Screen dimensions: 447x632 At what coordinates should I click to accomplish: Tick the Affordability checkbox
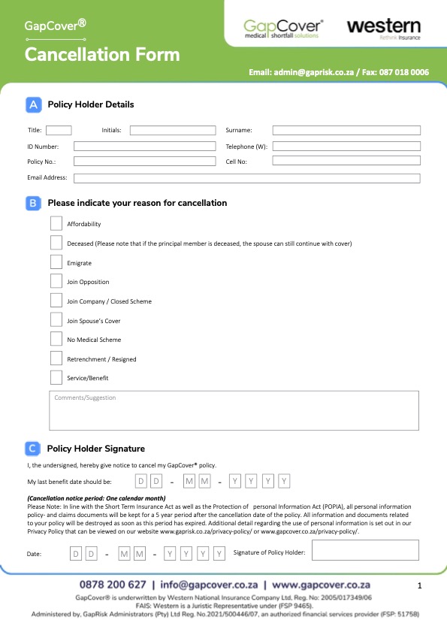tap(56, 223)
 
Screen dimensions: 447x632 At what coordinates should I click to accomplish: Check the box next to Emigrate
tap(56, 262)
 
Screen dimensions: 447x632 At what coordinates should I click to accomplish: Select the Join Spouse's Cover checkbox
tap(56, 320)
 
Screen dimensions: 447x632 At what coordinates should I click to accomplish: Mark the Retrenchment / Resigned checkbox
tap(56, 358)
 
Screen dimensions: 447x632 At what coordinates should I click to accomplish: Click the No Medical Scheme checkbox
tap(56, 340)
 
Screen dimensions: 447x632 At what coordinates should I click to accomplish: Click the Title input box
tap(59, 130)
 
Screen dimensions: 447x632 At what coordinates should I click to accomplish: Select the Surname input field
tap(346, 130)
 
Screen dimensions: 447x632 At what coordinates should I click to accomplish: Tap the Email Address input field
tap(246, 178)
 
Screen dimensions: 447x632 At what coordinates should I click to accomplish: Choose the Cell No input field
tap(346, 161)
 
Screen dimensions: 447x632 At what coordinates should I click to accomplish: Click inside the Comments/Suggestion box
tap(234, 410)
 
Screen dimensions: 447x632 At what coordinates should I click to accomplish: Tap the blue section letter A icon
tap(33, 105)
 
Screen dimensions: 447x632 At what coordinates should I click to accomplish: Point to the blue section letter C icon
tap(32, 449)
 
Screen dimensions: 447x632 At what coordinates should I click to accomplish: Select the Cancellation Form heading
tap(102, 54)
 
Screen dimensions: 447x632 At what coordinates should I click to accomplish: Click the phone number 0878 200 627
tap(113, 584)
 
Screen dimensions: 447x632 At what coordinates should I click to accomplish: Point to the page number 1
tap(420, 585)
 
